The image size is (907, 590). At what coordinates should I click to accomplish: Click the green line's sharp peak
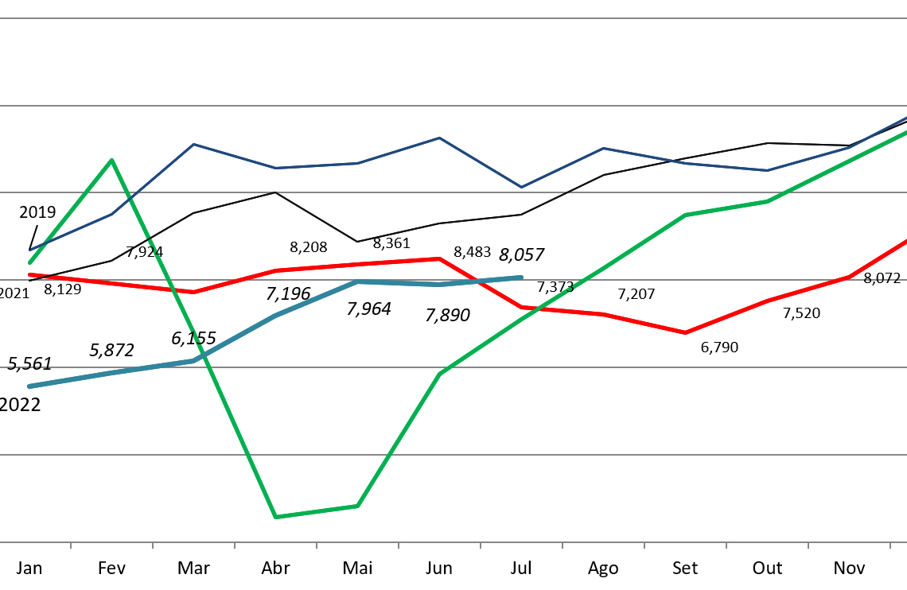point(111,160)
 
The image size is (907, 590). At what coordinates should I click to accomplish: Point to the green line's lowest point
point(275,517)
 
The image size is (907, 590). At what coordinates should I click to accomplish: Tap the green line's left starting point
point(29,262)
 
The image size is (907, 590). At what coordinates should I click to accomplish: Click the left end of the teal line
point(29,386)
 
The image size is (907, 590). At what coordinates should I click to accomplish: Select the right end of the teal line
point(522,278)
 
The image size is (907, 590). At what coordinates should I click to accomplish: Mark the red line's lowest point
point(685,332)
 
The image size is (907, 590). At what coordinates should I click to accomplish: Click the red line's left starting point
point(29,275)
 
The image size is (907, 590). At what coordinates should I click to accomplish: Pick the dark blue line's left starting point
point(29,250)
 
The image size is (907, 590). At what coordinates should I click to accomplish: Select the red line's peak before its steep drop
point(439,258)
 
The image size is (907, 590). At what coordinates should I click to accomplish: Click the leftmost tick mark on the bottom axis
point(71,545)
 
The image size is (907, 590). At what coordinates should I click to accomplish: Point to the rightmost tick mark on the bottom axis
point(889,545)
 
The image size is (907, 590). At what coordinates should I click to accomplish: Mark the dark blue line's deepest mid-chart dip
point(521,188)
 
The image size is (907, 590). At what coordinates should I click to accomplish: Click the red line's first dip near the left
point(193,292)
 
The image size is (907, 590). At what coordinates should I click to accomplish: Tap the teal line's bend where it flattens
point(357,281)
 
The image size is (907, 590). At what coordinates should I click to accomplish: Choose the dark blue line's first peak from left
point(193,144)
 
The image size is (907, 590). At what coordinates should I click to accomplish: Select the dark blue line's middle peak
point(439,138)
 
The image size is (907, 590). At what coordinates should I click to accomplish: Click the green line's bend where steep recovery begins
point(357,506)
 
